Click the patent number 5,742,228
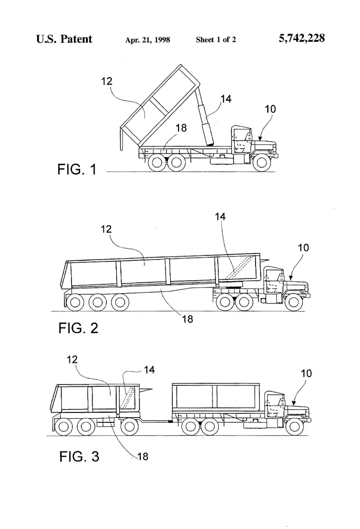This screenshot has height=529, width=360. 301,38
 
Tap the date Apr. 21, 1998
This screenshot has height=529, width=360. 148,40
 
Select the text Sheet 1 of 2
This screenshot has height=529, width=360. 216,40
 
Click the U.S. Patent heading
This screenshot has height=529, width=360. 64,39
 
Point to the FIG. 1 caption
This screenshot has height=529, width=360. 77,169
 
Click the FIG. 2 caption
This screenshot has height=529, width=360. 78,328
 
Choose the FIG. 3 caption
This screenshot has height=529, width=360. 79,457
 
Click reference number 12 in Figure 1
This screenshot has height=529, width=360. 107,81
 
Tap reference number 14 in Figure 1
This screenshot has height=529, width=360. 226,99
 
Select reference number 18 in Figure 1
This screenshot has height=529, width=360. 181,128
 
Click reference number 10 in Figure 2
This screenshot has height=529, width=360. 303,247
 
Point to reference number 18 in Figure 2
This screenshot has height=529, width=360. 187,319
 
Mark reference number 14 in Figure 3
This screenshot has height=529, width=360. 149,370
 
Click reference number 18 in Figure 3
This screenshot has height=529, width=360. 142,457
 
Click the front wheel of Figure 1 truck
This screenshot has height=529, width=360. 261,163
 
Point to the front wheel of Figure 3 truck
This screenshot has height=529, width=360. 294,427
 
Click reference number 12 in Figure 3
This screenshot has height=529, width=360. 72,360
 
